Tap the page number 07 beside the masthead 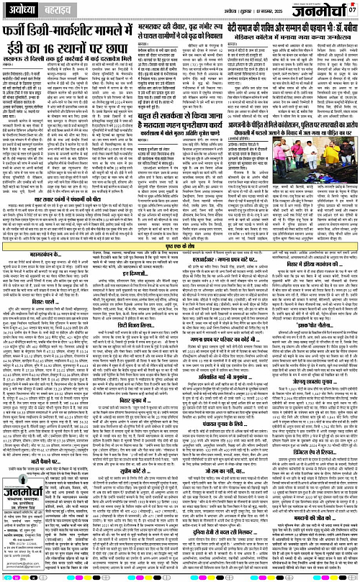[x=352, y=9]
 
